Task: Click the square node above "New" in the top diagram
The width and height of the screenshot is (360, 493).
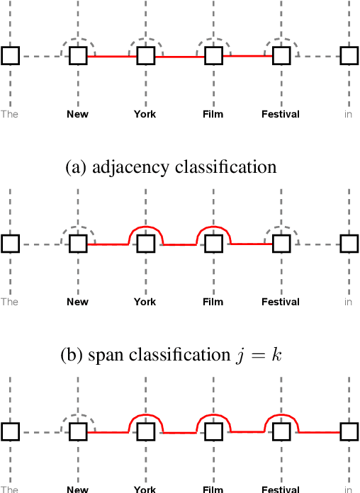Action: click(x=78, y=55)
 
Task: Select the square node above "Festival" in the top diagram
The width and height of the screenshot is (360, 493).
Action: click(x=281, y=55)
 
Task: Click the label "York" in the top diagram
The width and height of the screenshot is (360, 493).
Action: click(x=145, y=114)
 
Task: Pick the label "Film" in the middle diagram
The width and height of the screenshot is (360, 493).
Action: click(x=213, y=302)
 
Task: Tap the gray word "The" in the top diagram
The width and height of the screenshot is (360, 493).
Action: click(x=9, y=114)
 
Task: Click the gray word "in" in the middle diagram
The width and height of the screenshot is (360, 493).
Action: click(x=348, y=302)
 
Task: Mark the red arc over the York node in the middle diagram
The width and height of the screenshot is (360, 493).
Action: click(x=145, y=227)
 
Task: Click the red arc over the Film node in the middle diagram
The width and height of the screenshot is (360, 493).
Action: click(x=213, y=227)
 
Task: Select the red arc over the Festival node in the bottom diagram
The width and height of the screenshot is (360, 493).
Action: click(x=281, y=416)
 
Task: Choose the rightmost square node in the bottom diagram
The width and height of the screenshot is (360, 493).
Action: click(x=349, y=431)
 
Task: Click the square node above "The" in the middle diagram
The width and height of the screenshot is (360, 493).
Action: click(x=10, y=244)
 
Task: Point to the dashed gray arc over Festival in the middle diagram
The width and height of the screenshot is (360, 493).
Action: click(x=281, y=228)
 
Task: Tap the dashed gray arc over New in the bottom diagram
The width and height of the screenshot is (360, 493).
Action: click(x=78, y=416)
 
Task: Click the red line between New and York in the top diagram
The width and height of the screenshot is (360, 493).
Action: click(x=111, y=56)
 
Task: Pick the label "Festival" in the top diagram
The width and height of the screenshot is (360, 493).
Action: click(x=280, y=114)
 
